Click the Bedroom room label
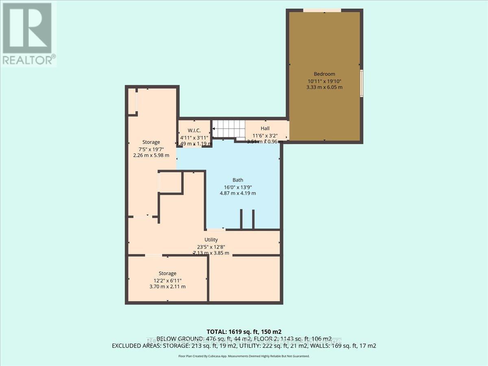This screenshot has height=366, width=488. (324, 74)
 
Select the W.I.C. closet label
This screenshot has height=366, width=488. (194, 131)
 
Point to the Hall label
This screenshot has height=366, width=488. (265, 129)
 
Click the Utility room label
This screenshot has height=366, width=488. (211, 240)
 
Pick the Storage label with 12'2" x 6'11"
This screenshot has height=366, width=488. (167, 273)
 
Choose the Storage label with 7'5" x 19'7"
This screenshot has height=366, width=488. (151, 142)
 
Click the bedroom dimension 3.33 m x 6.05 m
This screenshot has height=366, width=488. (324, 87)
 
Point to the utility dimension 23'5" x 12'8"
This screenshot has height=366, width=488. (211, 246)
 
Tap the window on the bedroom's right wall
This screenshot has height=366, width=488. (362, 83)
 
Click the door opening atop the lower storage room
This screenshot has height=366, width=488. (153, 255)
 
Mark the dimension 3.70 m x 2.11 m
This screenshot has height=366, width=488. (167, 286)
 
